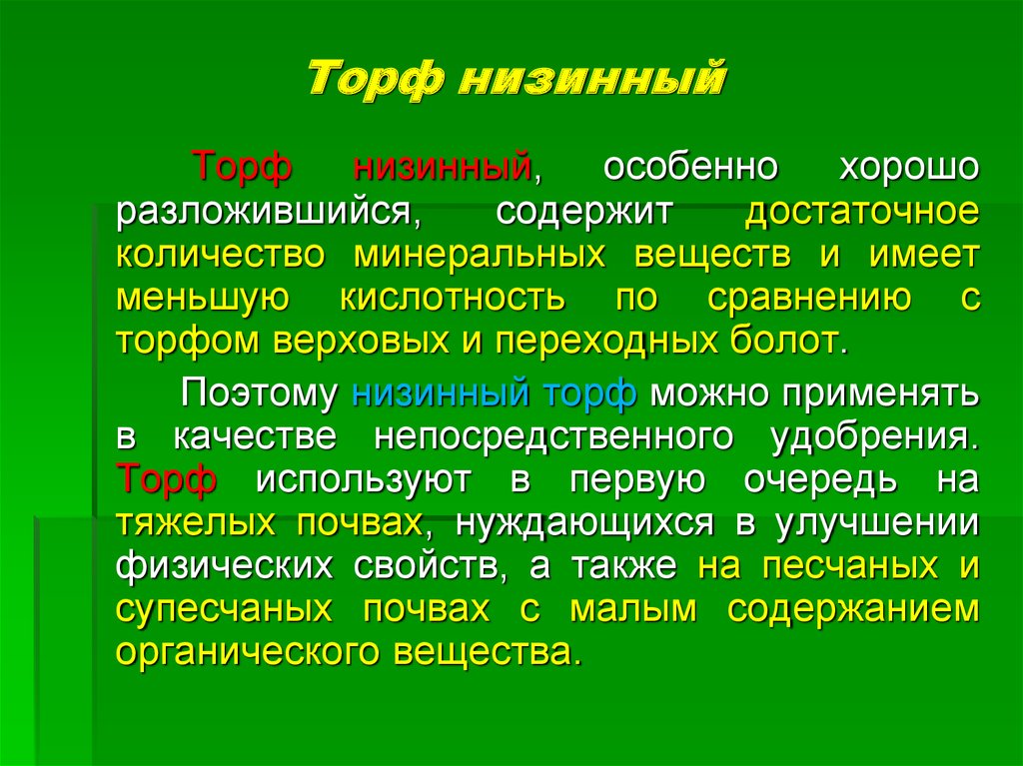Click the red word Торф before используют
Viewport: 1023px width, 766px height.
pos(166,479)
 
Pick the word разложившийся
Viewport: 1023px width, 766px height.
pos(269,213)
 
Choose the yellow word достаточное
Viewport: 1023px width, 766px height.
pos(862,211)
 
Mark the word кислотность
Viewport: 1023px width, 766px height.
pos(453,298)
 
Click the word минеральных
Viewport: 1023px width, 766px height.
pos(480,256)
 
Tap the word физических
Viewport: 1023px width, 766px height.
pos(224,566)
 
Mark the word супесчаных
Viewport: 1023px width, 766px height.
pos(224,609)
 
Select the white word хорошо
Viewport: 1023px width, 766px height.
pos(909,167)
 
